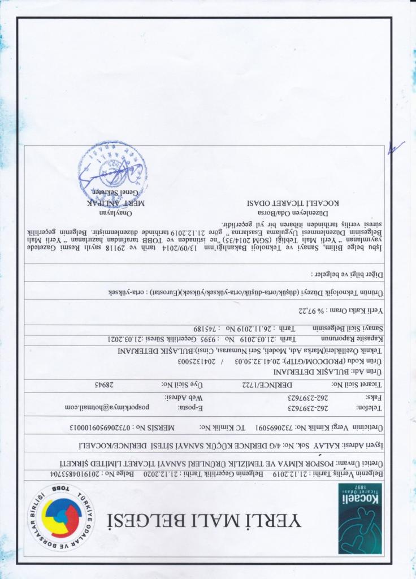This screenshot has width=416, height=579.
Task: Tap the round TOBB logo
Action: tap(62, 514)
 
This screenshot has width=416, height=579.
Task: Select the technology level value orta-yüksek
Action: tap(126, 292)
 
